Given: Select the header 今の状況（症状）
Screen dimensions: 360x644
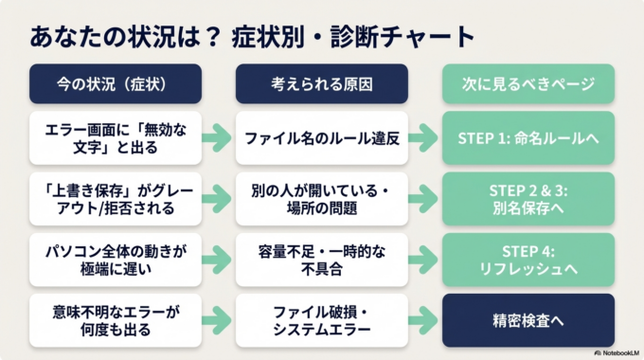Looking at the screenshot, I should (115, 84).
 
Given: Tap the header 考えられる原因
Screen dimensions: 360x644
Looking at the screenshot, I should (321, 84).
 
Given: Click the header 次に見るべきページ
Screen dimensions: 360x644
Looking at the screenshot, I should (528, 84).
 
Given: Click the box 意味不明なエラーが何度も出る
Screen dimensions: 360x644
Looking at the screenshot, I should (115, 319).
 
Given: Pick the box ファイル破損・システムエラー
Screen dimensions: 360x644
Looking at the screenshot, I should (321, 319).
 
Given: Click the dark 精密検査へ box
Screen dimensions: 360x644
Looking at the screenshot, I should (528, 319).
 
